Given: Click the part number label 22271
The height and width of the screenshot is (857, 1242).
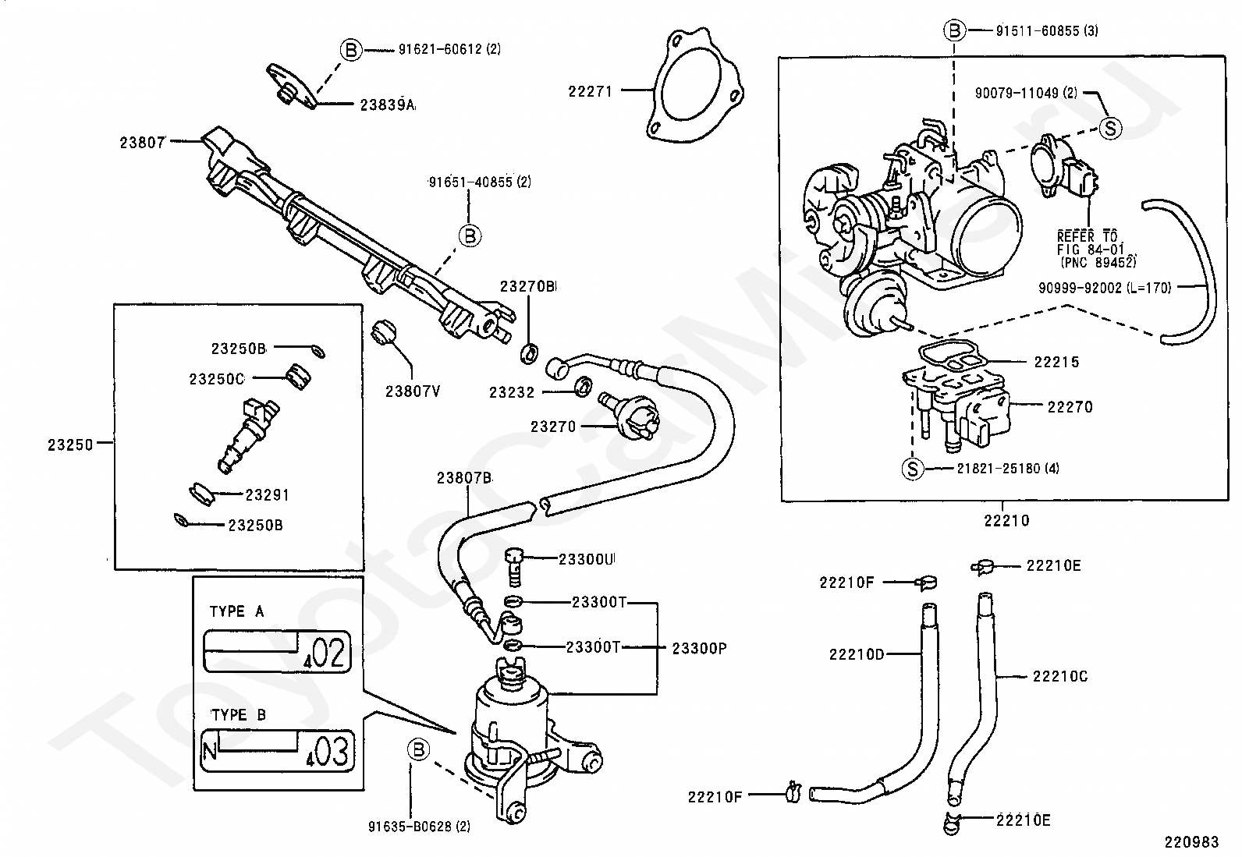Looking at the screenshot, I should click(590, 91).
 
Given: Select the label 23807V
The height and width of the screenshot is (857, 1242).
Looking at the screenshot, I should click(412, 391).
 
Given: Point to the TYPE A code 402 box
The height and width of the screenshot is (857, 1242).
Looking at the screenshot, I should click(277, 651).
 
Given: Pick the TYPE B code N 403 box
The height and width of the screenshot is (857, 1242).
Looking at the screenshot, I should click(277, 750).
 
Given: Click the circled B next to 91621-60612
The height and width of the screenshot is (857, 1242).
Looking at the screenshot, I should click(351, 50).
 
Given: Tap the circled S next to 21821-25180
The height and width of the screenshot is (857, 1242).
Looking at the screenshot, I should click(912, 469).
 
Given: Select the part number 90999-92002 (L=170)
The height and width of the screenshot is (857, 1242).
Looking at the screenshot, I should click(1104, 288).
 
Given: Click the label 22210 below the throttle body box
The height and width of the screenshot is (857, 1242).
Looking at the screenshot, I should click(1006, 520).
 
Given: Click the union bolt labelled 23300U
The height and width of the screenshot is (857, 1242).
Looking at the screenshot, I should click(513, 567).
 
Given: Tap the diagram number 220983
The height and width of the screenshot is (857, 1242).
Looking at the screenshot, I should click(1191, 842).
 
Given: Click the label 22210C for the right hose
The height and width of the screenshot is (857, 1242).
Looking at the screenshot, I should click(1059, 676).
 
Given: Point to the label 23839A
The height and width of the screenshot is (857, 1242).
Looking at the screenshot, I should click(387, 104).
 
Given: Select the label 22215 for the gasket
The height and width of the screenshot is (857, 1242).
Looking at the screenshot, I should click(1056, 362).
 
